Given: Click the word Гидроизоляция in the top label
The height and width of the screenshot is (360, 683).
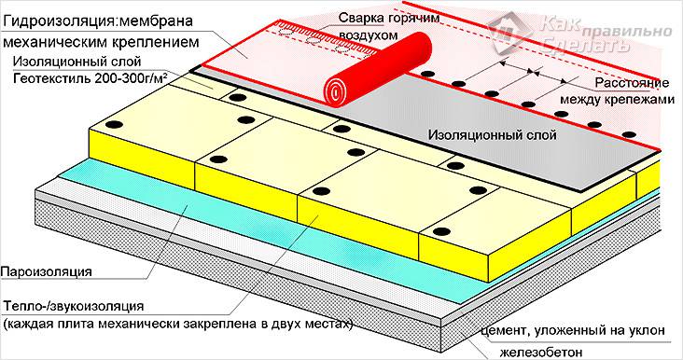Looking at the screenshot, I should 56,18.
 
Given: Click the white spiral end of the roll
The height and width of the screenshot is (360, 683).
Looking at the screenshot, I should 336,90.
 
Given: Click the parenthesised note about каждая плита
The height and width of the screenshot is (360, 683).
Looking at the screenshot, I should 177,325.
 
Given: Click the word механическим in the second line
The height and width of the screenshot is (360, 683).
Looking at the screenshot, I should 57,42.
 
